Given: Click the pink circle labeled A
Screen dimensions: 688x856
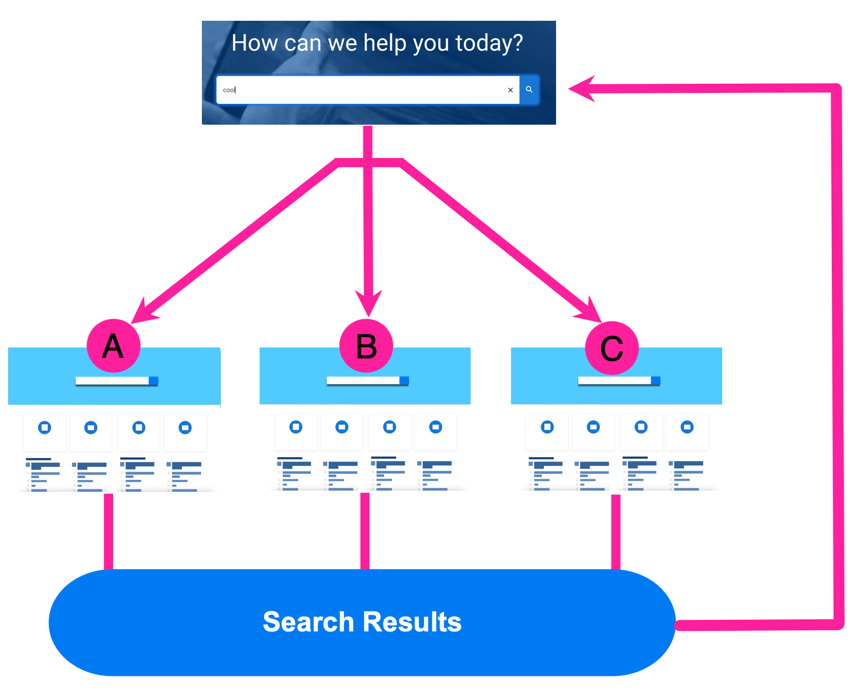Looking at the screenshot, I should (114, 346).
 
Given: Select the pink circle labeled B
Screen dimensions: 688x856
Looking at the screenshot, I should (366, 346).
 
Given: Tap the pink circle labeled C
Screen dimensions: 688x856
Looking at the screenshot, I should (612, 348).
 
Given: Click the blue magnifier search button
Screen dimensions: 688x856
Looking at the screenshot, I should (529, 89).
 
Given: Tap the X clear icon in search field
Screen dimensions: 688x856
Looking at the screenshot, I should (510, 90).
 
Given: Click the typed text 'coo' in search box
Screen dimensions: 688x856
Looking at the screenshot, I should (228, 90).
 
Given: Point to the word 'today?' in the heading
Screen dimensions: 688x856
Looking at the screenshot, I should (489, 43).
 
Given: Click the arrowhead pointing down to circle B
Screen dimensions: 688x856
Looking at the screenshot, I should (369, 304).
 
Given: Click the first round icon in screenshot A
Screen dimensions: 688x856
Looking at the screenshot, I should (44, 428).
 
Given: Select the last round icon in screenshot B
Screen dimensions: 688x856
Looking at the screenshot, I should (436, 427).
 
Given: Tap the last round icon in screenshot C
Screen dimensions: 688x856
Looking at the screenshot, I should (687, 427).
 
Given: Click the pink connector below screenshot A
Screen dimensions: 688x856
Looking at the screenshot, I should (108, 531).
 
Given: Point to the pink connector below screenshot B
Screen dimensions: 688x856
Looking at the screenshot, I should (365, 531).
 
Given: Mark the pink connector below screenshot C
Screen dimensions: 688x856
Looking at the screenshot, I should (615, 531).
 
